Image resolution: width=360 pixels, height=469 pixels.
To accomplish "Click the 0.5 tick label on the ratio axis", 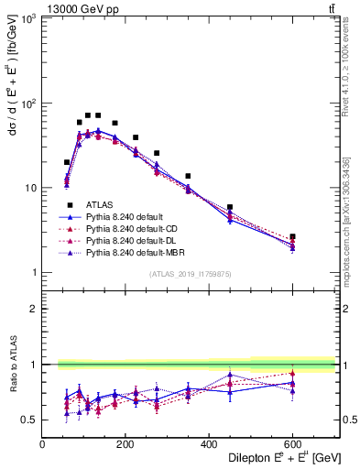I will click(28, 420).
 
